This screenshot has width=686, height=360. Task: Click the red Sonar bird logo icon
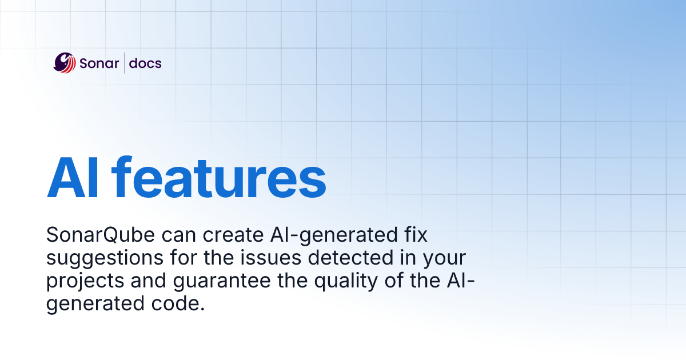pos(65,63)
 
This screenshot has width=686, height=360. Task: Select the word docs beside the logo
pos(145,63)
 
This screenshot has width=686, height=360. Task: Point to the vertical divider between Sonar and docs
pos(125,63)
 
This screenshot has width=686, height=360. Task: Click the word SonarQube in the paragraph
pos(94,235)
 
